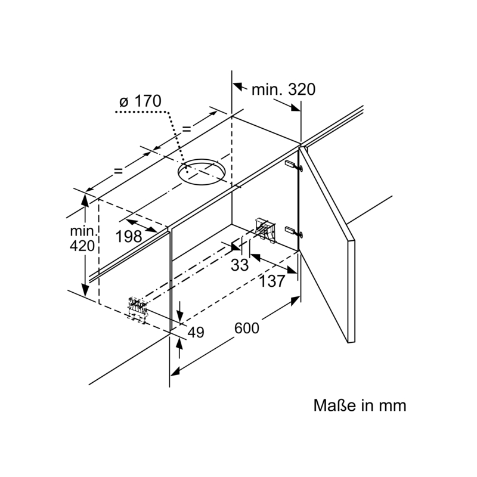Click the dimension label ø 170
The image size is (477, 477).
coord(140,101)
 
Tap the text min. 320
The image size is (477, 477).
coord(284,89)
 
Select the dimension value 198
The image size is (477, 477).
coord(129,236)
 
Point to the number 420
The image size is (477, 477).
coord(82,246)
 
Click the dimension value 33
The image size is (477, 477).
coord(240,265)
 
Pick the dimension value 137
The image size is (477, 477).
coord(272,281)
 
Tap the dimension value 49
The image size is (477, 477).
coord(196,333)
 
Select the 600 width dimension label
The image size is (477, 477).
coord(247,328)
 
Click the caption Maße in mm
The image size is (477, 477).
coord(360,405)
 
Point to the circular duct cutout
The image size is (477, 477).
coord(201,172)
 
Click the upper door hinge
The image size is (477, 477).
coord(294,166)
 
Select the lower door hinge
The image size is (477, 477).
coord(294,231)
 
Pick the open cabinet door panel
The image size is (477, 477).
coord(327,244)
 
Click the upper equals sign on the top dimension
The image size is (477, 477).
coord(186,129)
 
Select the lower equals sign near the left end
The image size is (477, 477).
coord(118,171)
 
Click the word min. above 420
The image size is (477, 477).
coord(83,231)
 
